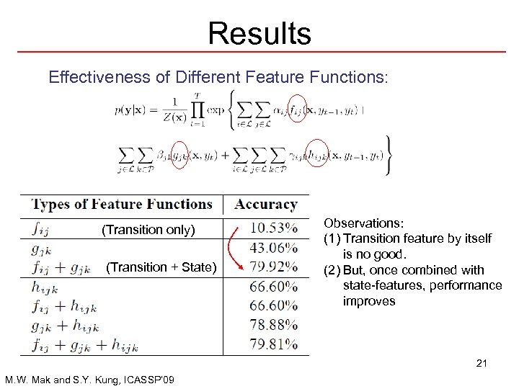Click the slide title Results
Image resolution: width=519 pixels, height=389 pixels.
tap(259, 33)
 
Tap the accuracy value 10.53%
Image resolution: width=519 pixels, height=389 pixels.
tap(273, 228)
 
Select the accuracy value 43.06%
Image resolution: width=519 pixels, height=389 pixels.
tap(273, 248)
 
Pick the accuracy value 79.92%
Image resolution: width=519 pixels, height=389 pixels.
tap(273, 267)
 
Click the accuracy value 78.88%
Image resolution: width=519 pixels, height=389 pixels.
tap(273, 325)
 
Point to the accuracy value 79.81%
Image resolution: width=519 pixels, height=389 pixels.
tap(273, 344)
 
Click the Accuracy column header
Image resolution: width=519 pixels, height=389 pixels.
tap(266, 205)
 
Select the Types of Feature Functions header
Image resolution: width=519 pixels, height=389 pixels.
tap(122, 205)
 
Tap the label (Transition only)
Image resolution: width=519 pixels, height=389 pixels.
tap(148, 230)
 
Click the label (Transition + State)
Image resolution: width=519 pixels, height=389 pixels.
tap(161, 267)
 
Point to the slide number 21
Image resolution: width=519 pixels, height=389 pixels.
tap(482, 363)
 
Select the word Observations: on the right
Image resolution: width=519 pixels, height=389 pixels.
tap(361, 224)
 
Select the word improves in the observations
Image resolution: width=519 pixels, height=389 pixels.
tap(369, 301)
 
